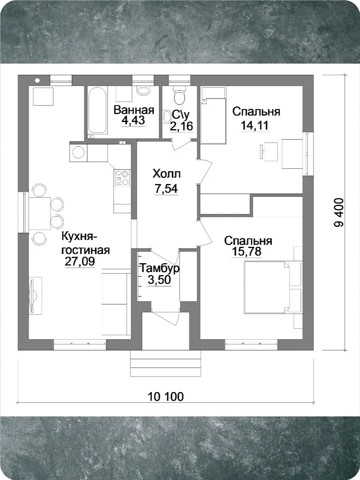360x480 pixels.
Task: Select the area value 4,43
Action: [133, 120]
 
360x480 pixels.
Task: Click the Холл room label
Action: [166, 174]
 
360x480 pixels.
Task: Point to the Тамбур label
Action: [160, 268]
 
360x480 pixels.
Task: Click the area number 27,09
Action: [80, 261]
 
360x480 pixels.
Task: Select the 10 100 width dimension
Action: [166, 397]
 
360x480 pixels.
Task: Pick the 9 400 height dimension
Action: [339, 212]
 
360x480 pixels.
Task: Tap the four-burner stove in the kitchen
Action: [122, 178]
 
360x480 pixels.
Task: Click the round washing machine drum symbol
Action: [78, 152]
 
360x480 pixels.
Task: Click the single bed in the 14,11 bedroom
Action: [213, 121]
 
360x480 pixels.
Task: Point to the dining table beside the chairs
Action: [40, 213]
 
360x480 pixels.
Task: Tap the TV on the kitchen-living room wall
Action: [33, 296]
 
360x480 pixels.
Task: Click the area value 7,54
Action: [166, 188]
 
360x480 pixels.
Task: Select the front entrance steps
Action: [166, 364]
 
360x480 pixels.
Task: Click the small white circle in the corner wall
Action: [37, 81]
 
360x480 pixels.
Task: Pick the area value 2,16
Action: [182, 126]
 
